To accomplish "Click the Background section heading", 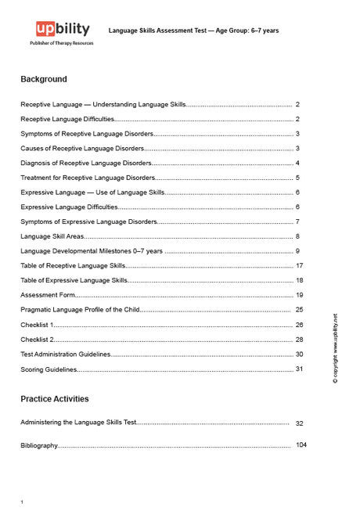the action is point(44,79).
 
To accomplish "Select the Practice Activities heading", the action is point(55,398).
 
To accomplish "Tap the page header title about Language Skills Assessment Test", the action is point(193,31).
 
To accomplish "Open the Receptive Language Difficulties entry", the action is point(67,119).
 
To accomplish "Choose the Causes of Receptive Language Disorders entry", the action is point(82,148).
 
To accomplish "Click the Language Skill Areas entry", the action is point(52,236).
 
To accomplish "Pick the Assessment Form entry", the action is point(48,295).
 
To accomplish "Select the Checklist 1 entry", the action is point(37,325).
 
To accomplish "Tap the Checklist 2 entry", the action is point(37,340).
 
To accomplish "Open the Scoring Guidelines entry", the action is point(49,369).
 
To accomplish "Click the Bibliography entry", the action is point(39,445).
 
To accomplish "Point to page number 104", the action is point(301,445).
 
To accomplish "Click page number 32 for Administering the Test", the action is point(299,423).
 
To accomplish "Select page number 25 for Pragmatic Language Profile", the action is point(299,310).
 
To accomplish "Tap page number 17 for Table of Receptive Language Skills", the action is point(299,266).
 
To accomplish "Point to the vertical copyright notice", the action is point(336,347).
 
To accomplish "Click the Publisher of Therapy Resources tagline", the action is point(61,43).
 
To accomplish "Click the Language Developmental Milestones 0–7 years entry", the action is point(91,251).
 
